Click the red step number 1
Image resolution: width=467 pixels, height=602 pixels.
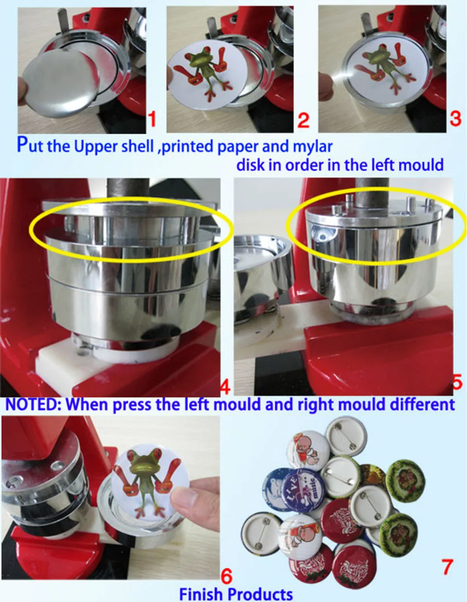[152, 120]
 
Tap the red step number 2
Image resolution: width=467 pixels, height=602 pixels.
[304, 120]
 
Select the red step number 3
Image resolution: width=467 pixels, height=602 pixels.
[455, 118]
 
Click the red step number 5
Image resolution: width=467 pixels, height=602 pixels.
[458, 382]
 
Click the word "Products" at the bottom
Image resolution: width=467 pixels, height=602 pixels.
[260, 593]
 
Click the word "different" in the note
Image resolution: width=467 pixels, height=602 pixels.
[422, 404]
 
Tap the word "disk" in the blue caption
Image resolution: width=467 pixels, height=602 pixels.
[251, 165]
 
